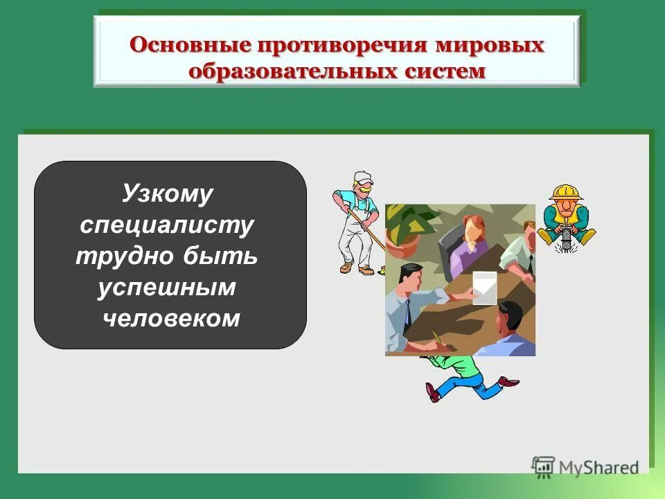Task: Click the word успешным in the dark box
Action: (x=166, y=287)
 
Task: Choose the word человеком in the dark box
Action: (x=170, y=317)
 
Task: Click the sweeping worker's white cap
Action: (x=362, y=177)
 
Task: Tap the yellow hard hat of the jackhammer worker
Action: (x=567, y=191)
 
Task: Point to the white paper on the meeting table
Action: (x=484, y=287)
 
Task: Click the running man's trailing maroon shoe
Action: (x=508, y=380)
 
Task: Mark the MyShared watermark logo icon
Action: (x=544, y=467)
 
